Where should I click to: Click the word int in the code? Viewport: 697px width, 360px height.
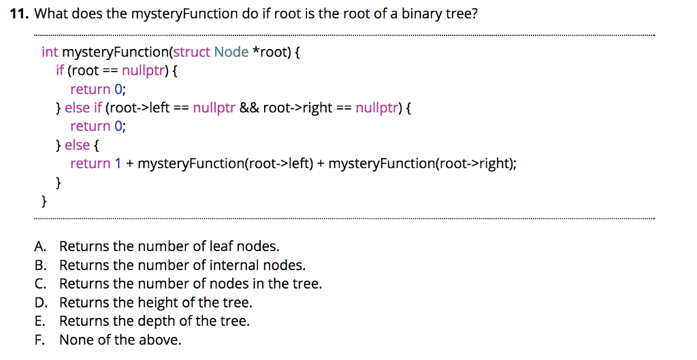50,52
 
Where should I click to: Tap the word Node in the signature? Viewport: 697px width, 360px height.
231,52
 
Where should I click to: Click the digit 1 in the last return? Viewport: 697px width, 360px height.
117,163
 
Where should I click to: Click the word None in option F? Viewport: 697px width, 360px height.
75,340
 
